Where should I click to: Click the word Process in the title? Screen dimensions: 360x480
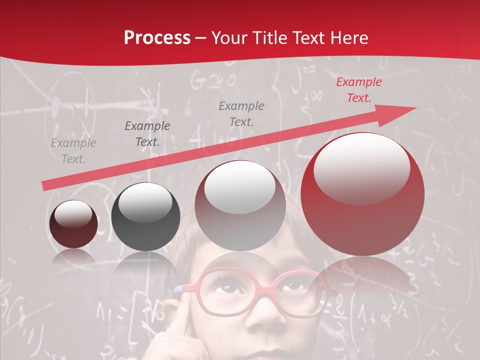click(157, 38)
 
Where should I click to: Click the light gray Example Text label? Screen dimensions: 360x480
click(73, 151)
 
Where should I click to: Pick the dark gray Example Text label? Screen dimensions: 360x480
click(147, 134)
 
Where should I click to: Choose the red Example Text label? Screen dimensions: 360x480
click(358, 90)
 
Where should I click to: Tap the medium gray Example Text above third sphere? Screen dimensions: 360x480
click(241, 113)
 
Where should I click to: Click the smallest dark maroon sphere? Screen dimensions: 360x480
click(73, 224)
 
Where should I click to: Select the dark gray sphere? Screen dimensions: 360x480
click(145, 217)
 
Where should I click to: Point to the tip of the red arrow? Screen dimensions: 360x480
click(415, 107)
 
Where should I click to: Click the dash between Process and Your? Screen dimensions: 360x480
click(201, 38)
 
